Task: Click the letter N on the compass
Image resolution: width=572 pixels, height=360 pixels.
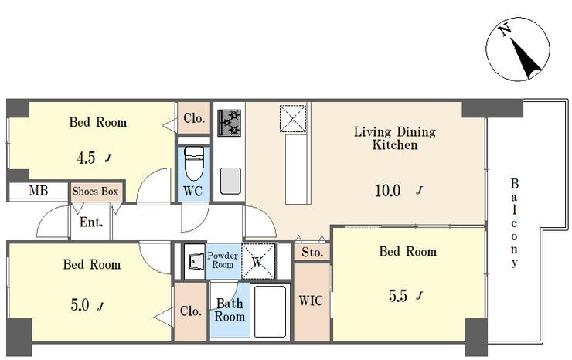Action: point(505,30)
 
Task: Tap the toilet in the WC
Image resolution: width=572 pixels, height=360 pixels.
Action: point(194,164)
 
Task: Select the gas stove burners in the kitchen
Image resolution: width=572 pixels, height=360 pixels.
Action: point(229,123)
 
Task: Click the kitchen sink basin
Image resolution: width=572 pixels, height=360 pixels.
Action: point(230,181)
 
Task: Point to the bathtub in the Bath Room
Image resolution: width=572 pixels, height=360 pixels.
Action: point(270,312)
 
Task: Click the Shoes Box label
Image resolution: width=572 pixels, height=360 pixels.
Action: point(95,191)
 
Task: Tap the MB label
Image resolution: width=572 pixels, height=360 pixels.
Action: point(39,190)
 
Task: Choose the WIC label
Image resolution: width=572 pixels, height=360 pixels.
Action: point(311,301)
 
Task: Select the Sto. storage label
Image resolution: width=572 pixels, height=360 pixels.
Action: point(312,253)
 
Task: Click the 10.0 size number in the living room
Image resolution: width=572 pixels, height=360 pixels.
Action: point(388,190)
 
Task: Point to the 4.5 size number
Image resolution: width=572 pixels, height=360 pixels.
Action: point(87,158)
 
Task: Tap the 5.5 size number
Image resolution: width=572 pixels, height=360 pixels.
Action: point(398,296)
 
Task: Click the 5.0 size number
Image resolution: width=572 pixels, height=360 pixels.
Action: point(80,305)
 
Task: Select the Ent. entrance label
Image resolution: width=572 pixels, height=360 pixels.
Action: point(91,222)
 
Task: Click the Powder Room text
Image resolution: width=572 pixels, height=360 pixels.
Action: point(223,260)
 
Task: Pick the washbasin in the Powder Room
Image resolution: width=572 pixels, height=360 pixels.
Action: point(195,261)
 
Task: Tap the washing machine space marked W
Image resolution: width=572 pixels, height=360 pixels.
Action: point(258,262)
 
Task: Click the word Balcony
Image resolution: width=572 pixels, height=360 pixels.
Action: point(514,223)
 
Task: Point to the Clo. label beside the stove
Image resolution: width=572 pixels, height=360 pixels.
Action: point(194,118)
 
